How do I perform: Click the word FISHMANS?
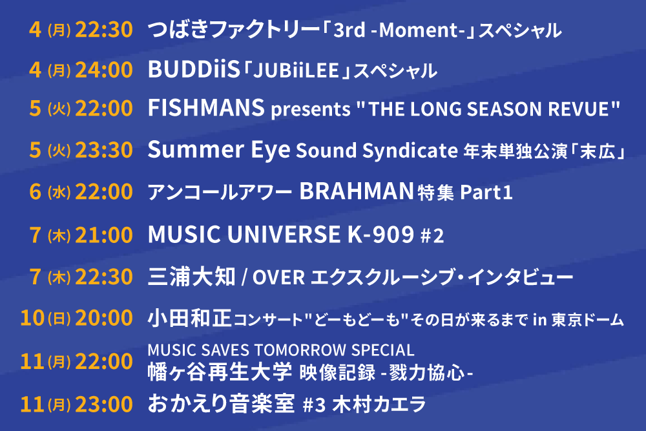[206, 108]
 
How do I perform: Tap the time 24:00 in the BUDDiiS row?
[104, 69]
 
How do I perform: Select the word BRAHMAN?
[357, 191]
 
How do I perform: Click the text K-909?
[380, 234]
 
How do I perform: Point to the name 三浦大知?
[192, 277]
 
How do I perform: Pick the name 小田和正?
[189, 318]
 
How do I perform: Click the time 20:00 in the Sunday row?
[104, 318]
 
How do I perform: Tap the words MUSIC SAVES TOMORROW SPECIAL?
[281, 350]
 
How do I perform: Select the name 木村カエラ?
[379, 404]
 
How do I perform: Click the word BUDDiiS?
[194, 69]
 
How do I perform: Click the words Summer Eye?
[219, 150]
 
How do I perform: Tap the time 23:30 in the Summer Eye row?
[104, 149]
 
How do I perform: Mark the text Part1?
[486, 193]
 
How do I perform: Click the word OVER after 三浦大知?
[278, 277]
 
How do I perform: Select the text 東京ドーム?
[588, 320]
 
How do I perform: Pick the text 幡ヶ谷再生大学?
[220, 372]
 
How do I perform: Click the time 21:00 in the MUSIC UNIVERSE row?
[104, 235]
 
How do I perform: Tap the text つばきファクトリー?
[233, 30]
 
